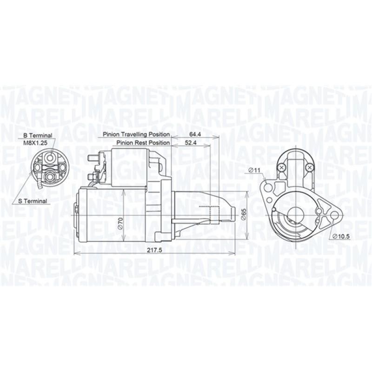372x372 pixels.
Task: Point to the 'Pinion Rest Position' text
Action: click(143, 143)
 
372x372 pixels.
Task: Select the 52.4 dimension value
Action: click(190, 143)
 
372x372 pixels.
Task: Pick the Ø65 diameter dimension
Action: click(244, 215)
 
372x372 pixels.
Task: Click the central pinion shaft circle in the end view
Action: click(294, 214)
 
